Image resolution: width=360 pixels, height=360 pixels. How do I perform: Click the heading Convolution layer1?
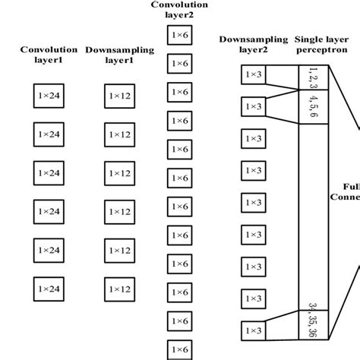49,55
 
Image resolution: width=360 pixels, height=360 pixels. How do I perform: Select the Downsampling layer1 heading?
119,55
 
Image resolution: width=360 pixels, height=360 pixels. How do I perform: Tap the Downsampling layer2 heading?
252,44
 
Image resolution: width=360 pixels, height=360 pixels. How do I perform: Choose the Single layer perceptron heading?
321,44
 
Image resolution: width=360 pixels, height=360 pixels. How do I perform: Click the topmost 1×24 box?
49,95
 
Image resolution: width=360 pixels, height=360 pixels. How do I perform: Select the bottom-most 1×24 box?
49,289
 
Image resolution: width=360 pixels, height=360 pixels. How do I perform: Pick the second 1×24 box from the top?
49,134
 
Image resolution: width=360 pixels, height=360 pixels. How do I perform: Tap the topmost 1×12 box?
119,95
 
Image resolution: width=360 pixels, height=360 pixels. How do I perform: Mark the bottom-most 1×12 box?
119,289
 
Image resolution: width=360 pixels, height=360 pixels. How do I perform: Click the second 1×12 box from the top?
119,134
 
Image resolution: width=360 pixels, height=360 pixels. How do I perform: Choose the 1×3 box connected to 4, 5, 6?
253,106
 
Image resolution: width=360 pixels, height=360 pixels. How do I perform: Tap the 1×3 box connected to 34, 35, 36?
253,330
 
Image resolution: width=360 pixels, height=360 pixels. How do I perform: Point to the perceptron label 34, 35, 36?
314,319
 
